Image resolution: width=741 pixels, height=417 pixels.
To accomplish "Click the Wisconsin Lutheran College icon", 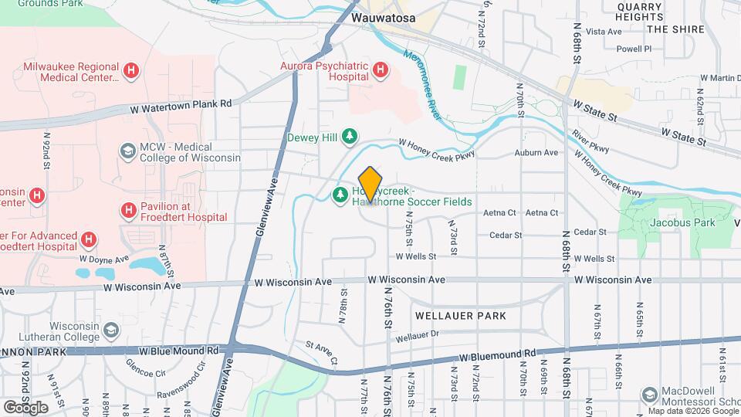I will click(x=111, y=330).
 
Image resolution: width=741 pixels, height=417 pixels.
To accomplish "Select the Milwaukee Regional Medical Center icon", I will click(x=131, y=72).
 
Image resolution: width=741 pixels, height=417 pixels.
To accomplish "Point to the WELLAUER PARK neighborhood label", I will click(x=461, y=316).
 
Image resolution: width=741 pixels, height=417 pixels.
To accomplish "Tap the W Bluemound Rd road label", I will click(x=497, y=357).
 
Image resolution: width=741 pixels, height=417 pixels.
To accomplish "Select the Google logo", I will click(x=25, y=407).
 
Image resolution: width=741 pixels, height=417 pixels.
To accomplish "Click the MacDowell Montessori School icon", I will click(x=649, y=395).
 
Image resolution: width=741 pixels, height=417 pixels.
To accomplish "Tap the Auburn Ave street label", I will click(x=539, y=153).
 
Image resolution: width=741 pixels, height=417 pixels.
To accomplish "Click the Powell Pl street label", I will click(x=634, y=49).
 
